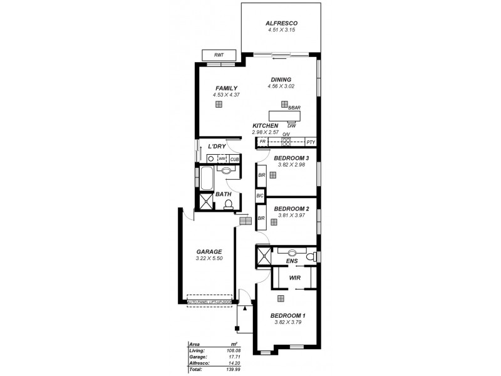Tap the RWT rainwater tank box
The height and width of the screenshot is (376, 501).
click(219, 56)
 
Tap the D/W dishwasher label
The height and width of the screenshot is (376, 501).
click(291, 125)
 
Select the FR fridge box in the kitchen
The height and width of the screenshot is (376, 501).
click(263, 142)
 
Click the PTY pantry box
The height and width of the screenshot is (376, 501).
click(311, 142)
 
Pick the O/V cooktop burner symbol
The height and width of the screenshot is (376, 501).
click(286, 142)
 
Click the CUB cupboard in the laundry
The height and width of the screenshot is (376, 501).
click(234, 160)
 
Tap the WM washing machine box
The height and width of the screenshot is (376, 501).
click(222, 160)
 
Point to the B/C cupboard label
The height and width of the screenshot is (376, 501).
click(261, 196)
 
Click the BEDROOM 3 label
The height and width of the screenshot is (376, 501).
click(291, 158)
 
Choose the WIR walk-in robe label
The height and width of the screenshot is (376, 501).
click(294, 276)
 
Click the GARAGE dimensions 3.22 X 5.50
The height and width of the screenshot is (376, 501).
click(210, 258)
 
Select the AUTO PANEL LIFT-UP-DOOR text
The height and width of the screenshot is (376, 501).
click(209, 303)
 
